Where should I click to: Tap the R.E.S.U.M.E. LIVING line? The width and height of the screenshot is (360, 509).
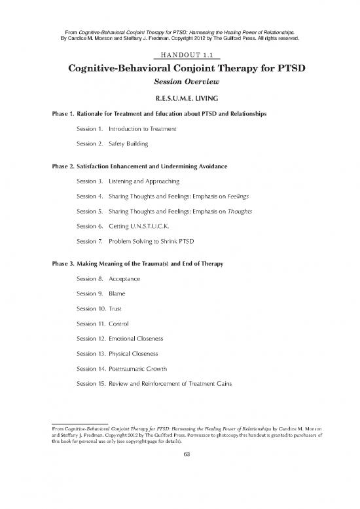[179, 99]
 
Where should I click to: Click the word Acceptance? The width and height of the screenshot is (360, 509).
[129, 279]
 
